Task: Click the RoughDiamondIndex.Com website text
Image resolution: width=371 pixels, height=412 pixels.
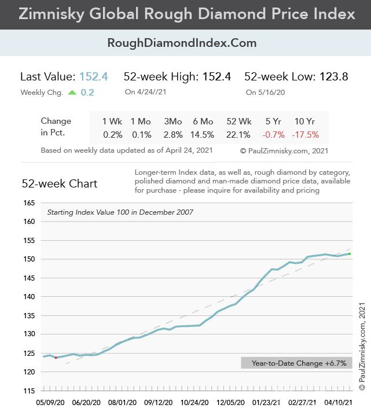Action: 182,43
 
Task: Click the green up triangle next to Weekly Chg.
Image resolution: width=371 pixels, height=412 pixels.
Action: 72,92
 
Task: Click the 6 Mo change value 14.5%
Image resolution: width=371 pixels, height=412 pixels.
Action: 203,135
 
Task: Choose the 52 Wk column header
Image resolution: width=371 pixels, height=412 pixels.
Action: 239,122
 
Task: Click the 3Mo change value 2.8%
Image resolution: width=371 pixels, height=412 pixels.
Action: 173,135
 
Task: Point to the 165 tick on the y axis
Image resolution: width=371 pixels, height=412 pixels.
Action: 29,203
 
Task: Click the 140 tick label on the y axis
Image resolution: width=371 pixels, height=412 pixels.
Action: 29,297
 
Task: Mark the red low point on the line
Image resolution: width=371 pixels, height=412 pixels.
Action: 56,358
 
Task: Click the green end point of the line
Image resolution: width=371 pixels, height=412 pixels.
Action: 349,253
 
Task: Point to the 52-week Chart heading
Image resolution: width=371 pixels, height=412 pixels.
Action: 60,184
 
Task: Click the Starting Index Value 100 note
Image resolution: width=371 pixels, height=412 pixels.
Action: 120,212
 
